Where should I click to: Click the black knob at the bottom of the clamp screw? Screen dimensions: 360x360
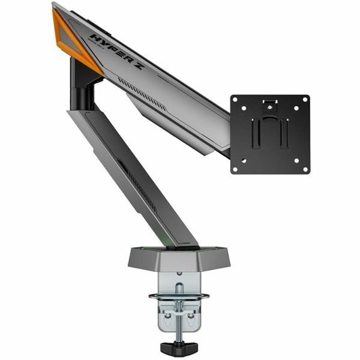[x=178, y=346]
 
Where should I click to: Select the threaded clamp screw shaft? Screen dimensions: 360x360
[x=178, y=318]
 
